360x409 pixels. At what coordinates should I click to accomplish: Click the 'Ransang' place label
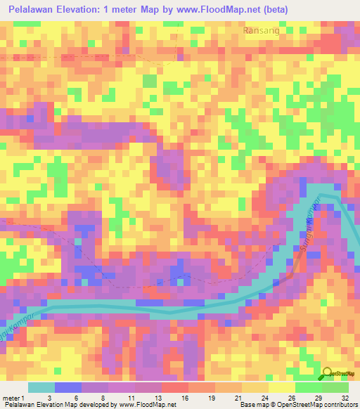click(x=262, y=31)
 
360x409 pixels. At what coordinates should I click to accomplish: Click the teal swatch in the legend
click(x=41, y=387)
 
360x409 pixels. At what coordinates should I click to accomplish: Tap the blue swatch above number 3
click(x=68, y=387)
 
